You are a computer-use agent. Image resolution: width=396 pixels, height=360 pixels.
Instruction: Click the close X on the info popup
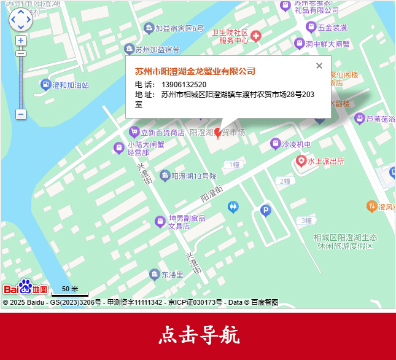click(x=319, y=66)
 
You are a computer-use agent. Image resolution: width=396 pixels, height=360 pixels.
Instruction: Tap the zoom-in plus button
click(x=21, y=41)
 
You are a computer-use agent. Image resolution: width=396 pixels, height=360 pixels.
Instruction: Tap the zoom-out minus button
click(x=21, y=114)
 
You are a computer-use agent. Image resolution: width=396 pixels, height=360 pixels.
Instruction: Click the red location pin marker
click(x=217, y=133)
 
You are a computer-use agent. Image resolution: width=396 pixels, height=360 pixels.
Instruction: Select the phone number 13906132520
click(x=184, y=84)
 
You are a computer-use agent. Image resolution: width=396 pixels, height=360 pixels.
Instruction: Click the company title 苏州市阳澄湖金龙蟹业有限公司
click(x=195, y=71)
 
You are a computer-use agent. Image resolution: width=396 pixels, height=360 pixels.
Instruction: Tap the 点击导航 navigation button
click(x=198, y=335)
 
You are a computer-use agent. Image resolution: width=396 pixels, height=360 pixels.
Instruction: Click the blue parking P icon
click(x=265, y=211)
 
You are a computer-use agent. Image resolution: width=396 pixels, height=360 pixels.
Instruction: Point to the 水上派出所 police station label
click(x=325, y=161)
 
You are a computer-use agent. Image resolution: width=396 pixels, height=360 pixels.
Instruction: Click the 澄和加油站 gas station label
click(x=70, y=85)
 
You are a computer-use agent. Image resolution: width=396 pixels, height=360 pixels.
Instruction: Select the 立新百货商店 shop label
click(x=162, y=132)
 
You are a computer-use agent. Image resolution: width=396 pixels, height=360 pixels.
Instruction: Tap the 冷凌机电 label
click(x=296, y=144)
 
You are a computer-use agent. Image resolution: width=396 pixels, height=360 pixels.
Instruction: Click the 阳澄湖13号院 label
click(x=193, y=176)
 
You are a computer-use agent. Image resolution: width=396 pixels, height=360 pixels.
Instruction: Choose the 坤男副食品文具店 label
click(x=187, y=222)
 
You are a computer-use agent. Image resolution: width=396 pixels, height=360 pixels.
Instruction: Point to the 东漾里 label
click(x=172, y=275)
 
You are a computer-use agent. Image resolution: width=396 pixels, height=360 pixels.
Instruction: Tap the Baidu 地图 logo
click(x=25, y=288)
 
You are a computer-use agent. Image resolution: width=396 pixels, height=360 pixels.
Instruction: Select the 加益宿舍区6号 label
click(x=179, y=28)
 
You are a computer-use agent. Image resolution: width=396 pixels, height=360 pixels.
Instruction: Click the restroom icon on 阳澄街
click(x=233, y=207)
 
